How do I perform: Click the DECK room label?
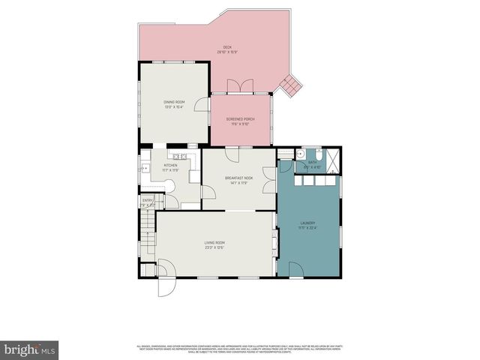pyautogui.click(x=226, y=47)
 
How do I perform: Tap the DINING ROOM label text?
pyautogui.click(x=174, y=102)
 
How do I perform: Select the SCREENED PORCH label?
pyautogui.click(x=241, y=118)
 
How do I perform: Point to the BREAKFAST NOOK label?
pyautogui.click(x=239, y=178)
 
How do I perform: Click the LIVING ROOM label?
pyautogui.click(x=215, y=241)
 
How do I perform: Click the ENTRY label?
pyautogui.click(x=148, y=200)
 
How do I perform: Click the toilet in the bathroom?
pyautogui.click(x=298, y=154)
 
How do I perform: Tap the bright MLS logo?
pyautogui.click(x=29, y=349)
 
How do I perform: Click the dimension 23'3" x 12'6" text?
pyautogui.click(x=215, y=247)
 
